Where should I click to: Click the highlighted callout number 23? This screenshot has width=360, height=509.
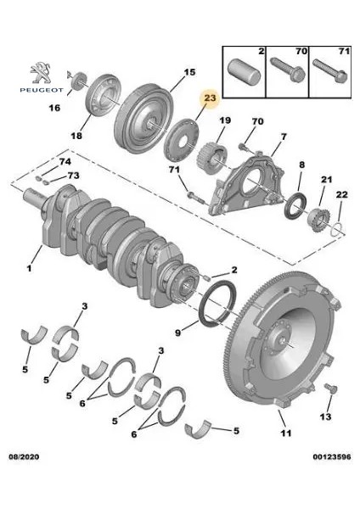[210, 98]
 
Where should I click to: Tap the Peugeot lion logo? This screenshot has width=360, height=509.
[42, 73]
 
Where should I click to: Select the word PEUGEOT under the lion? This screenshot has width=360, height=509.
[42, 90]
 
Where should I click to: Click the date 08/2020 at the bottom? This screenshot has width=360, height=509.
[24, 456]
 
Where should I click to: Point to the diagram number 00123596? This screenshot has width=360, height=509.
[332, 456]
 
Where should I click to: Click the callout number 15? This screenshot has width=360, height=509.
[190, 72]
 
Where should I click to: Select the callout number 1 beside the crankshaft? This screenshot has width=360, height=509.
[30, 268]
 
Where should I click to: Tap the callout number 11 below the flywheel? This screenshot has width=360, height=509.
[286, 433]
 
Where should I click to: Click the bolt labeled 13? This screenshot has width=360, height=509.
[331, 389]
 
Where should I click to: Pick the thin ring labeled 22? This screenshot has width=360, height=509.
[338, 229]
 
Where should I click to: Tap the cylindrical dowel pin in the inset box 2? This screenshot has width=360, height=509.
[244, 73]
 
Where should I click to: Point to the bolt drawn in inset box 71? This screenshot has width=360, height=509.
[330, 70]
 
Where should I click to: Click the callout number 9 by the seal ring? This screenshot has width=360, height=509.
[177, 333]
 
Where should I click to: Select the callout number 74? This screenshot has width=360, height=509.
[65, 162]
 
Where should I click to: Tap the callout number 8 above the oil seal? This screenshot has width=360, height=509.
[302, 165]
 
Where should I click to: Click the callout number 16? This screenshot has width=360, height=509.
[54, 108]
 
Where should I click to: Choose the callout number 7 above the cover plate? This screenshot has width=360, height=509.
[284, 137]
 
